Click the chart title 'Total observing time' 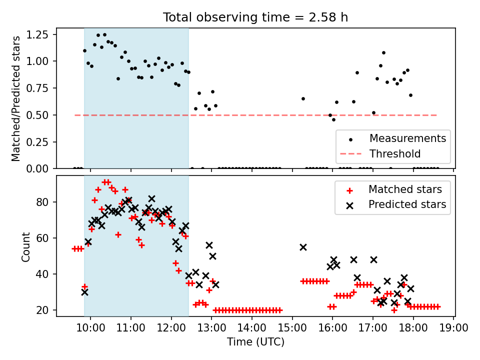[x=255, y=17]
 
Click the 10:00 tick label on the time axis [x=90, y=328]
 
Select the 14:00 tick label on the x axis [x=252, y=328]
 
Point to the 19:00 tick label [x=453, y=328]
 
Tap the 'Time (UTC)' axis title [x=255, y=342]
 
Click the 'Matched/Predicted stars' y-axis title [x=16, y=98]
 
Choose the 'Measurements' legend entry [x=407, y=138]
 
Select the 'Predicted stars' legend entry [x=407, y=204]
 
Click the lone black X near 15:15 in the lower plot [x=303, y=247]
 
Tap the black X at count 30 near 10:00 [x=84, y=292]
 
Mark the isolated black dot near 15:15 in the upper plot [x=303, y=98]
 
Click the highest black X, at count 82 [x=151, y=198]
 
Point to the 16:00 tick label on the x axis [x=333, y=328]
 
